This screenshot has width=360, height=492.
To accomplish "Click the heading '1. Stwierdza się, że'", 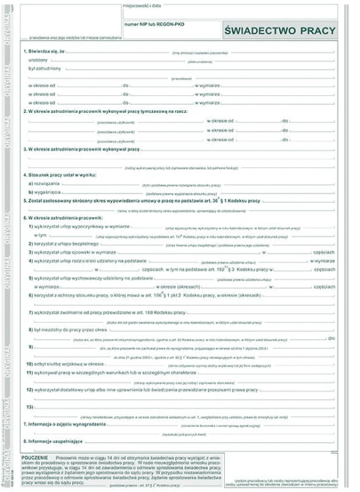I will point(45,51).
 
